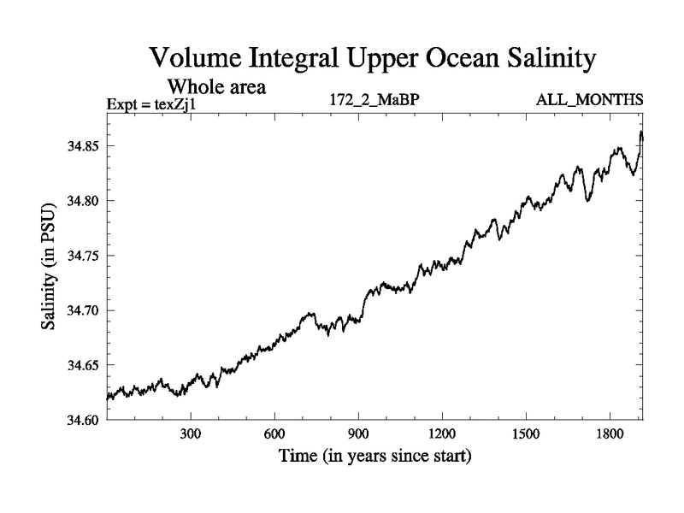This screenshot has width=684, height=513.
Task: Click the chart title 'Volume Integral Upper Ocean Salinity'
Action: point(371,59)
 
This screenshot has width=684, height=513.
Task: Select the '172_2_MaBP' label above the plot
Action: point(374,101)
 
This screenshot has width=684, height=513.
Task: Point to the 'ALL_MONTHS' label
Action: point(589,101)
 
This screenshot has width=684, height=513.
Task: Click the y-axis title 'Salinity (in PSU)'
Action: point(49,267)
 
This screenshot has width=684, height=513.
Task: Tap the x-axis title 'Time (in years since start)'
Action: point(374,457)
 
